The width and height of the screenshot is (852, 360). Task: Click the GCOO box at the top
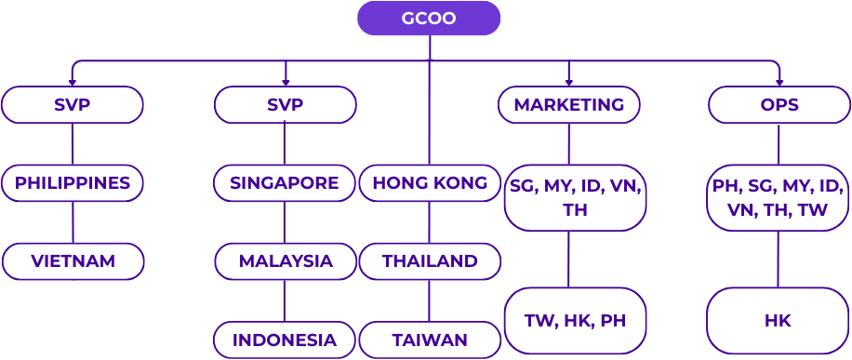(x=429, y=19)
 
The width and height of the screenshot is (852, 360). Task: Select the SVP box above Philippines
(x=73, y=105)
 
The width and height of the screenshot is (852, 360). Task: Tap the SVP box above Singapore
(x=285, y=105)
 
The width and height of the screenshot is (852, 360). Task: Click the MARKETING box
(x=568, y=105)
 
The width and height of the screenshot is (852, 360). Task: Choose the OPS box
(x=779, y=105)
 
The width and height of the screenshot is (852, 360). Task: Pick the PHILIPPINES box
(x=73, y=183)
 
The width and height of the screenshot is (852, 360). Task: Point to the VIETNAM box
(x=73, y=261)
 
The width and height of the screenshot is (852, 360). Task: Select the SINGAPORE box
(x=285, y=183)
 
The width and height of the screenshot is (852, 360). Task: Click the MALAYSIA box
(x=285, y=261)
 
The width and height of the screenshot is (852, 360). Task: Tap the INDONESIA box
(x=285, y=340)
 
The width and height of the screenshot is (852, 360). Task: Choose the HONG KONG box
(x=430, y=183)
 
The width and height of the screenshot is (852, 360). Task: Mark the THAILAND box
(x=430, y=261)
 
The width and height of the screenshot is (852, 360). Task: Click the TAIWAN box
(x=430, y=340)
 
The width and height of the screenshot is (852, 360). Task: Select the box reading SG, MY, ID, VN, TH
(x=575, y=198)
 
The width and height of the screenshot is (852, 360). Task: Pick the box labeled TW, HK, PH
(x=575, y=321)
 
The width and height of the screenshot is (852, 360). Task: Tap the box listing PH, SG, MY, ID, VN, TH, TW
(x=778, y=198)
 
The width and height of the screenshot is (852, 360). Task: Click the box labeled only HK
(x=778, y=321)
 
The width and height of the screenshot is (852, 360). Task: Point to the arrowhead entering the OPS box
(x=779, y=82)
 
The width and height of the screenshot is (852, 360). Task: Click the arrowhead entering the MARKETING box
(x=568, y=82)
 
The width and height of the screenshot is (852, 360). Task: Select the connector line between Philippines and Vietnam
(x=73, y=222)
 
